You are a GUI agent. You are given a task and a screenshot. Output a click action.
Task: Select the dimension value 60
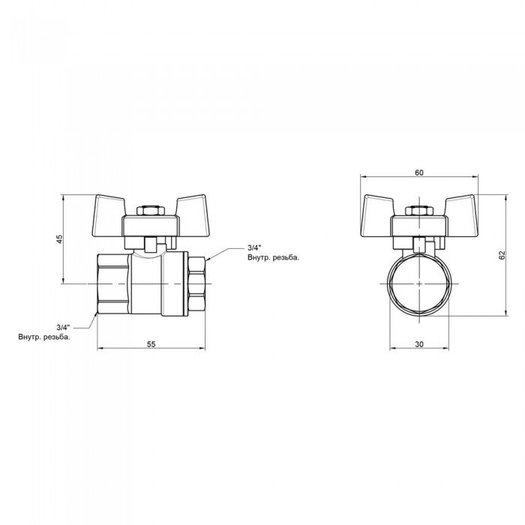(418, 173)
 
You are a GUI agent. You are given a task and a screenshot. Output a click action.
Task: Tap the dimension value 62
(503, 254)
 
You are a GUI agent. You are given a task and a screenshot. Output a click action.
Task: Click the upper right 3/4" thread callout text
(254, 248)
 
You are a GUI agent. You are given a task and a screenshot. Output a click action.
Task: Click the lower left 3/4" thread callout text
(63, 327)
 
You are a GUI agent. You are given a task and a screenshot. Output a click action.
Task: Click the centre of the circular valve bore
(418, 285)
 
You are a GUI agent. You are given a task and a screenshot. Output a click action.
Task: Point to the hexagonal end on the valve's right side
(197, 285)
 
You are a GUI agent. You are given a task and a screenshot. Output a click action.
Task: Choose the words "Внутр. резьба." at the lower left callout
(45, 337)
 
